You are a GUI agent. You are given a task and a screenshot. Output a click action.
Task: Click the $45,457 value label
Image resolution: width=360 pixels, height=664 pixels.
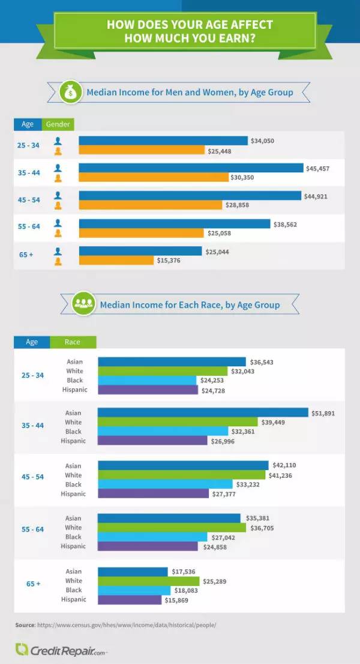pyautogui.click(x=318, y=169)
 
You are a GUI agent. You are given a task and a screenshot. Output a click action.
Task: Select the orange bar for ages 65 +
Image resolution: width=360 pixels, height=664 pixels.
pyautogui.click(x=116, y=261)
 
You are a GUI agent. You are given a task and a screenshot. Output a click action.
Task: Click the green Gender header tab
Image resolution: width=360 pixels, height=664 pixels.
pyautogui.click(x=58, y=124)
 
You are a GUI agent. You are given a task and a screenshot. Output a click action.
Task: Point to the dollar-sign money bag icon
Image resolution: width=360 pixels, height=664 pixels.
pyautogui.click(x=71, y=93)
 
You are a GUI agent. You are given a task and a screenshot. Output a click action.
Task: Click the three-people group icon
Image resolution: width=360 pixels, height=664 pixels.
pyautogui.click(x=82, y=304)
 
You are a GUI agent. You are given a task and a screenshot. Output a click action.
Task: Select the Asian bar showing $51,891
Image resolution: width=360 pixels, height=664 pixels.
pyautogui.click(x=203, y=412)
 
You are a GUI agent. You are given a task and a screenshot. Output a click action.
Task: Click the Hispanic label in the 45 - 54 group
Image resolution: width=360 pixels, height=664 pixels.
pyautogui.click(x=73, y=493)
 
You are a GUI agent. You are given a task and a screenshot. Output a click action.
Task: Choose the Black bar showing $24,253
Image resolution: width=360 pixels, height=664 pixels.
pyautogui.click(x=148, y=380)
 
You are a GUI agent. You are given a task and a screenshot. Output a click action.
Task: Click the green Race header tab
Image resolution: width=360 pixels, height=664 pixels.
pyautogui.click(x=73, y=342)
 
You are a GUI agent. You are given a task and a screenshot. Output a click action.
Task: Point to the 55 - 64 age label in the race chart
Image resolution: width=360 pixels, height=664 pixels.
pyautogui.click(x=32, y=532)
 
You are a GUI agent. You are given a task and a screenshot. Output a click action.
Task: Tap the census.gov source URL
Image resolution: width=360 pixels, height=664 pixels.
pyautogui.click(x=126, y=625)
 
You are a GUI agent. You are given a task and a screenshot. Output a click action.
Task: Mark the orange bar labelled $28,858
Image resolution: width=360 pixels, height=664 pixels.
pyautogui.click(x=151, y=205)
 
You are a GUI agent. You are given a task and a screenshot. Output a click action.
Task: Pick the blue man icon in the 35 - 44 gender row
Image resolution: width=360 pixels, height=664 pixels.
pyautogui.click(x=58, y=169)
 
